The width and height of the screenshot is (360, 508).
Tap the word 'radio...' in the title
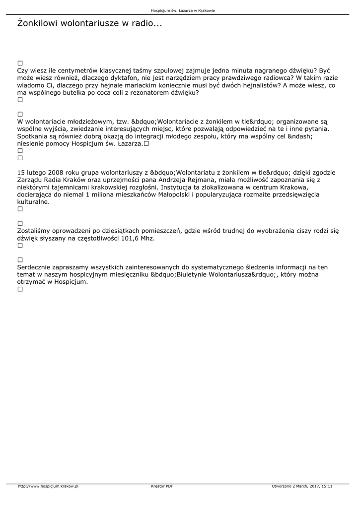tap(146, 23)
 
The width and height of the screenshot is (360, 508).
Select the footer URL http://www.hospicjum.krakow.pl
tap(48, 486)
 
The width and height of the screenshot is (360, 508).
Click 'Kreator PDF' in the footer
tap(162, 486)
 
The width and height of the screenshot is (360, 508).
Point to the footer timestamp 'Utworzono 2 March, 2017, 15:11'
tap(302, 486)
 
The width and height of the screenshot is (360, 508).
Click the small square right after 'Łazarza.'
tap(146, 143)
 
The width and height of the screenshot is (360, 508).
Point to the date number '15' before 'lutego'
tap(21, 173)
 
